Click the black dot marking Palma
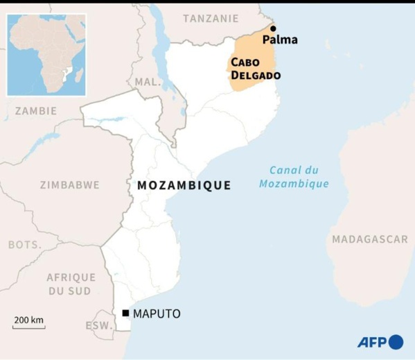[x=273, y=28]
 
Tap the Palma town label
[x=280, y=40]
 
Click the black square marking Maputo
[x=125, y=314]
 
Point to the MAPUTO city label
[x=157, y=314]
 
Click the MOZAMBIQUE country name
[x=184, y=185]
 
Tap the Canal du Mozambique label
[x=294, y=177]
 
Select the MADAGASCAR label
[x=370, y=239]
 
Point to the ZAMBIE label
[x=36, y=110]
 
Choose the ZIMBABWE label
[x=69, y=185]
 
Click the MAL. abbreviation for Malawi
[x=147, y=82]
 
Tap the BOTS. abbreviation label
[x=25, y=245]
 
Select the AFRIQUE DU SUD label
[x=71, y=284]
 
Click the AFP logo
[x=380, y=342]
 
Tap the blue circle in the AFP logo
[x=396, y=342]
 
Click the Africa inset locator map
[x=46, y=54]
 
